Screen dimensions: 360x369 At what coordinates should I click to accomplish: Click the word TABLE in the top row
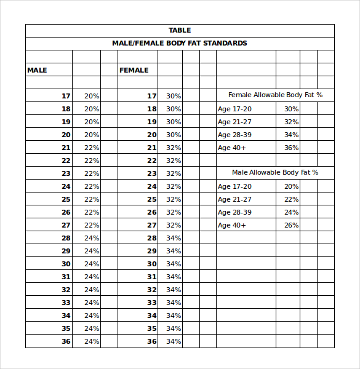click(180, 30)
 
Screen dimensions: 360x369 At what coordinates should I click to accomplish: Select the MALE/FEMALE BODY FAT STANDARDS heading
click(180, 43)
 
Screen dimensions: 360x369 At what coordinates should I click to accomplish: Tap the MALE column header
click(37, 70)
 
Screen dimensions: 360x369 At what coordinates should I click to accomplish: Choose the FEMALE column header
click(134, 70)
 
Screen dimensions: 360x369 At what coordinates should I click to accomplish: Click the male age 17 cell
click(66, 96)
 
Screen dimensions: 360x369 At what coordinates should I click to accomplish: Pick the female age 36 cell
click(152, 341)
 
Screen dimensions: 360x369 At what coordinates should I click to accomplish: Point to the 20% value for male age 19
click(92, 122)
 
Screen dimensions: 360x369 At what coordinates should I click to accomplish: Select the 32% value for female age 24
click(174, 186)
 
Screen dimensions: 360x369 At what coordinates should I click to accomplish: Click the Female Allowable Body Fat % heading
click(275, 95)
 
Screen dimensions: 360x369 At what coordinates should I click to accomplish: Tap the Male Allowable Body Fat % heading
click(275, 173)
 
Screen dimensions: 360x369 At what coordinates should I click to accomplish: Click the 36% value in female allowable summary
click(291, 148)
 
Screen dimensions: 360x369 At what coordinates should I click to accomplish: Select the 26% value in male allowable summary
click(291, 225)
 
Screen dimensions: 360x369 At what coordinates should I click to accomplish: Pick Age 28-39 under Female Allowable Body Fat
click(234, 135)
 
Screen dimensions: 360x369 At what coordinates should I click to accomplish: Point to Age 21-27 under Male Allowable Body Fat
click(234, 199)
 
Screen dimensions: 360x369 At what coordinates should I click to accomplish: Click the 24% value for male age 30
click(92, 264)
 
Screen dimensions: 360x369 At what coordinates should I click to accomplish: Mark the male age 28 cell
click(66, 238)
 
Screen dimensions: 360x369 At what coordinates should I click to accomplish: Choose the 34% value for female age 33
click(174, 303)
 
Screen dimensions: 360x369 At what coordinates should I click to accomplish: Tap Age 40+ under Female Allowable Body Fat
click(231, 148)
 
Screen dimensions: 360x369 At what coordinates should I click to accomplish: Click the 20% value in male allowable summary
click(291, 186)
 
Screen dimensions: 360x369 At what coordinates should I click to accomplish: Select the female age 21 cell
click(152, 148)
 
